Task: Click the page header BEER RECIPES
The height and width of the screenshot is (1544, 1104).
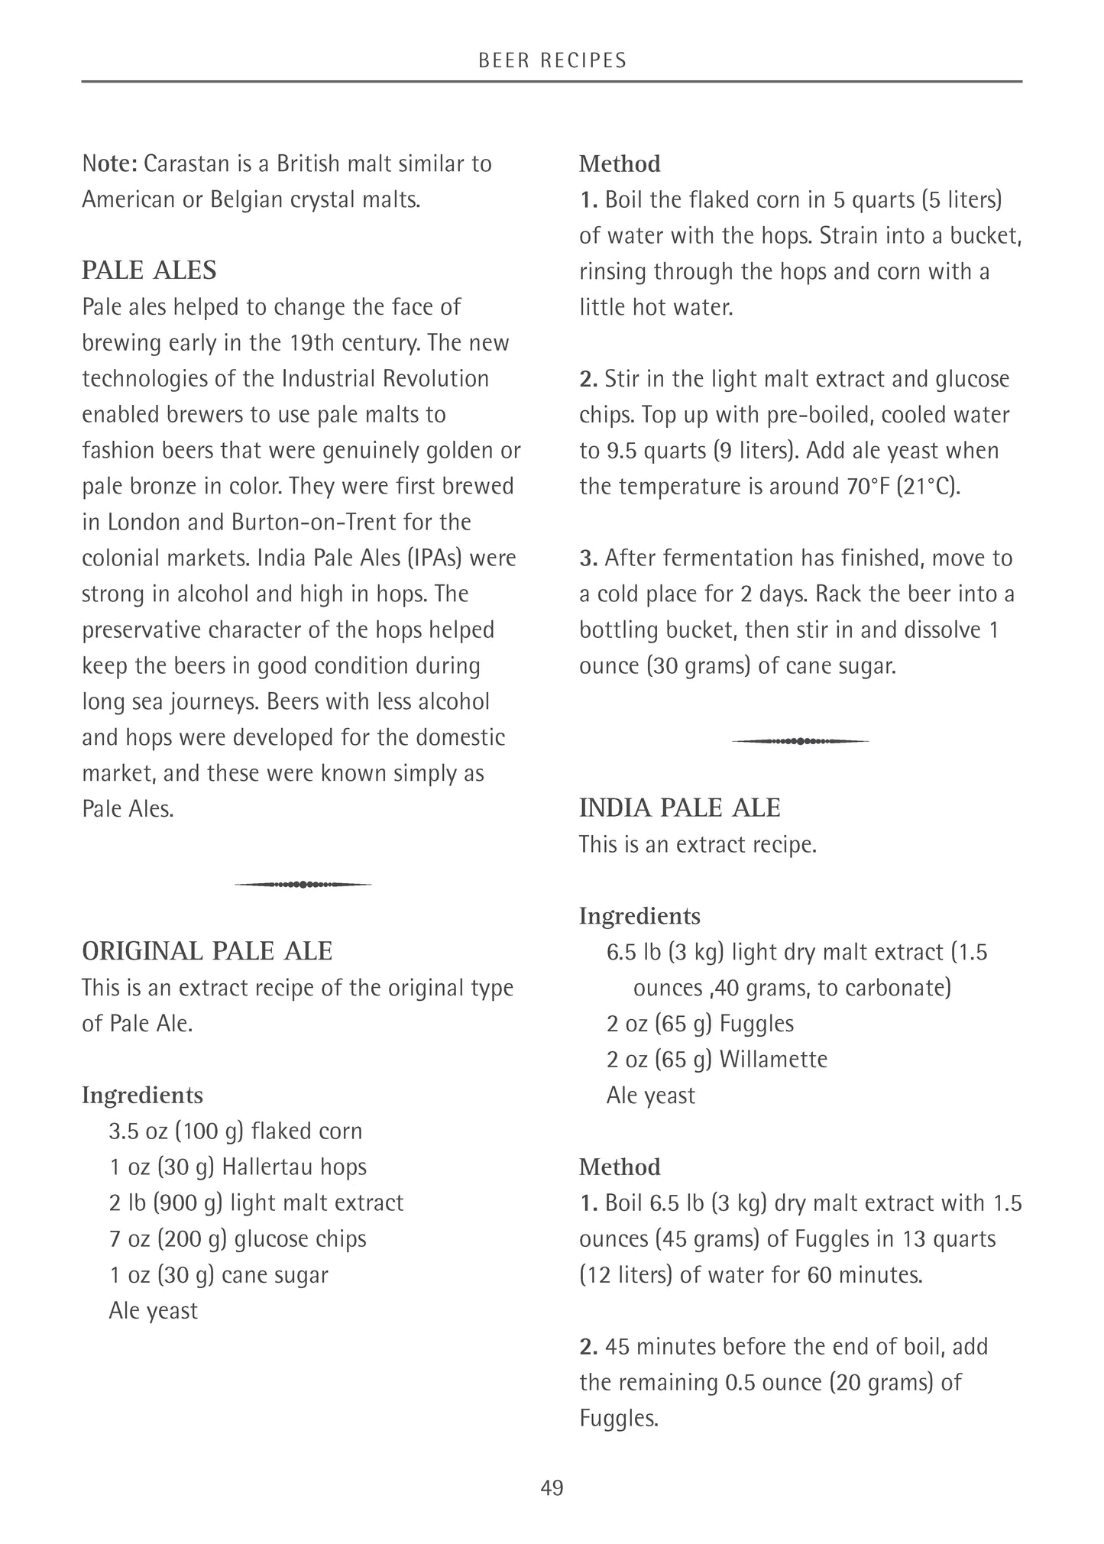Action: point(552,60)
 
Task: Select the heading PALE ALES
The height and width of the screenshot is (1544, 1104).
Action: point(149,270)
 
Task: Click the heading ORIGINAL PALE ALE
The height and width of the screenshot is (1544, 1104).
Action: point(207,951)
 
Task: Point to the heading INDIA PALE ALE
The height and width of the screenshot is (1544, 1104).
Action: point(679,808)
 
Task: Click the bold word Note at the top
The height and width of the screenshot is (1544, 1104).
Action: point(109,163)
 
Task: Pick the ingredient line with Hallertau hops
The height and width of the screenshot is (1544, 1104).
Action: point(238,1167)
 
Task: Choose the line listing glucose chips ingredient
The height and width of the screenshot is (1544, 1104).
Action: point(238,1238)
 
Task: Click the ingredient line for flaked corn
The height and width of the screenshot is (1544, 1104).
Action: point(235,1131)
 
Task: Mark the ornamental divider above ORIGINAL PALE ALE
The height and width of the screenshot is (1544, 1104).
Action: point(303,885)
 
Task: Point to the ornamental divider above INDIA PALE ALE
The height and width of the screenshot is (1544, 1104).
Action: point(800,741)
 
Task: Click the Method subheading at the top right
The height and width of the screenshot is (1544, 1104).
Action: point(620,163)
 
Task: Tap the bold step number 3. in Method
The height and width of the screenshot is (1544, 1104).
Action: point(588,558)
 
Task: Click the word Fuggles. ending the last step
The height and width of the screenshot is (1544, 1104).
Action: point(618,1418)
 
